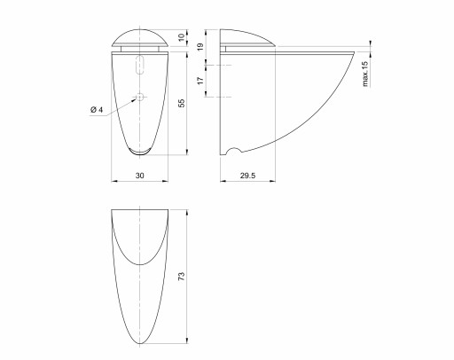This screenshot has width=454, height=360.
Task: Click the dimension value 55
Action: tap(182, 103)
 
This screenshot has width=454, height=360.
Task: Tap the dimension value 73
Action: tap(182, 276)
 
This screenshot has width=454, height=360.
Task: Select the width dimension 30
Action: tap(140, 176)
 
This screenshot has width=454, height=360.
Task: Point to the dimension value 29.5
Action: tap(247, 176)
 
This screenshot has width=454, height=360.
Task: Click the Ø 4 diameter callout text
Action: tap(97, 110)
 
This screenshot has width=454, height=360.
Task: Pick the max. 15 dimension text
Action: tap(365, 74)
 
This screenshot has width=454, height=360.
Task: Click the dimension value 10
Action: tap(182, 37)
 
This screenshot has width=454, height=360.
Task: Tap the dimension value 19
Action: tap(200, 47)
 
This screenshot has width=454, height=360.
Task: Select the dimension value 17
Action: tap(200, 81)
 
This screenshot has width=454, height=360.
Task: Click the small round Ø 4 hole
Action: tap(140, 97)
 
